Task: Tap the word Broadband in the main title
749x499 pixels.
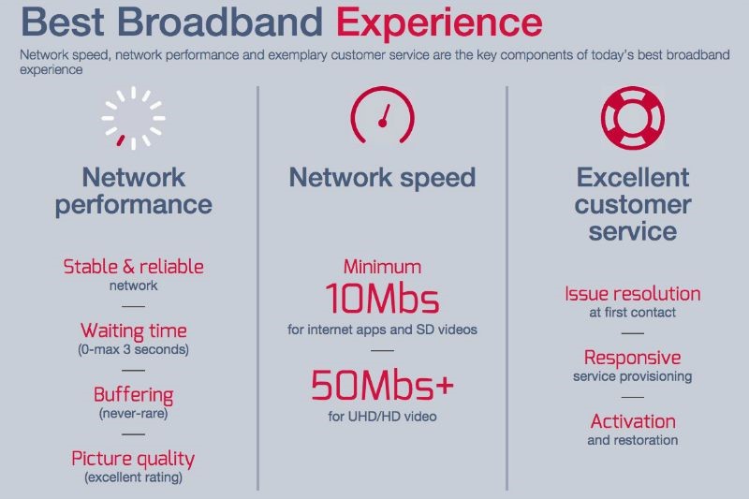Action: pyautogui.click(x=220, y=22)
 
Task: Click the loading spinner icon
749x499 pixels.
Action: pyautogui.click(x=133, y=118)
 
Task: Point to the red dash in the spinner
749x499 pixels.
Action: pyautogui.click(x=121, y=140)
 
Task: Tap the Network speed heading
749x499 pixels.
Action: pyautogui.click(x=382, y=178)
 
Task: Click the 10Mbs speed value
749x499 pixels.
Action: pyautogui.click(x=382, y=299)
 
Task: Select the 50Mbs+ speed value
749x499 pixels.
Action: pyautogui.click(x=382, y=385)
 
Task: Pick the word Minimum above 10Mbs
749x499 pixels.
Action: pyautogui.click(x=382, y=267)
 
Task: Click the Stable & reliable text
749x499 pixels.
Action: pyautogui.click(x=133, y=267)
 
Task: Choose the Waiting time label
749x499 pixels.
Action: pyautogui.click(x=133, y=330)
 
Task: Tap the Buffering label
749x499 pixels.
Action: pyautogui.click(x=133, y=395)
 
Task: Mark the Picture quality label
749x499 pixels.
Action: pyautogui.click(x=133, y=459)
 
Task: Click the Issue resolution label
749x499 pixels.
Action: pyautogui.click(x=633, y=294)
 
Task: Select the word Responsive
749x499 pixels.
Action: pyautogui.click(x=633, y=359)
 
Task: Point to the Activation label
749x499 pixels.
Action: pyautogui.click(x=633, y=421)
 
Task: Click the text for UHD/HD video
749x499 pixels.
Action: pyautogui.click(x=382, y=417)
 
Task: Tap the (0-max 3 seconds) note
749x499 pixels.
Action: pyautogui.click(x=133, y=349)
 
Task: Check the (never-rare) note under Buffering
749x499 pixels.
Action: pyautogui.click(x=133, y=414)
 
